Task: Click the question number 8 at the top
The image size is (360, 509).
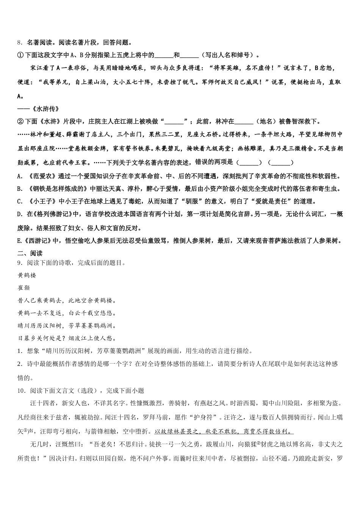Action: click(x=19, y=43)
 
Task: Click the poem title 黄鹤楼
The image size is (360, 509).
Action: click(x=27, y=275)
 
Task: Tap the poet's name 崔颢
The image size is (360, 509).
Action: click(x=23, y=288)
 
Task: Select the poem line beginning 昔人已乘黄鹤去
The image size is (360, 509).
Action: click(x=67, y=301)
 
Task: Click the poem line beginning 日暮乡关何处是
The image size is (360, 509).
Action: click(x=67, y=338)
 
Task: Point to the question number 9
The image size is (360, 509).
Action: click(x=19, y=262)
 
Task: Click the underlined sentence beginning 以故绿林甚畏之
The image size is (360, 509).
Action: click(x=224, y=431)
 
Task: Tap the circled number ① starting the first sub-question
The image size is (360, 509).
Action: click(x=20, y=55)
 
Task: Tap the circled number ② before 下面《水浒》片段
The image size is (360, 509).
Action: click(x=20, y=122)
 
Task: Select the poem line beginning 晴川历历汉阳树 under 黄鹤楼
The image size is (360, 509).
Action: click(x=67, y=326)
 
